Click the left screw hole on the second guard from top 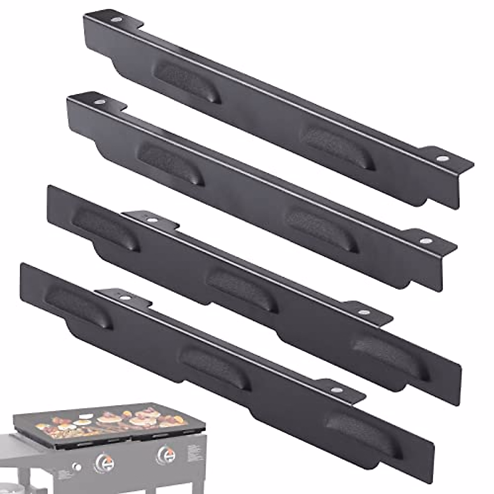click(99, 102)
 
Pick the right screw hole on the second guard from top click(424, 240)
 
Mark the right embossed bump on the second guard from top click(323, 229)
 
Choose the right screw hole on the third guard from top click(363, 312)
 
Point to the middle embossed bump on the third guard click(241, 289)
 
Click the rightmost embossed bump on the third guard click(389, 354)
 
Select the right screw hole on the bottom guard click(337, 389)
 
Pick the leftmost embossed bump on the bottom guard click(79, 304)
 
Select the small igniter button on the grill click(77, 466)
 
